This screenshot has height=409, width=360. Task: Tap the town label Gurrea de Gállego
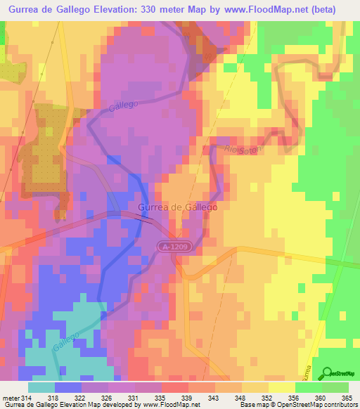178,208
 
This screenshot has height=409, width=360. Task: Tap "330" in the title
168,9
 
